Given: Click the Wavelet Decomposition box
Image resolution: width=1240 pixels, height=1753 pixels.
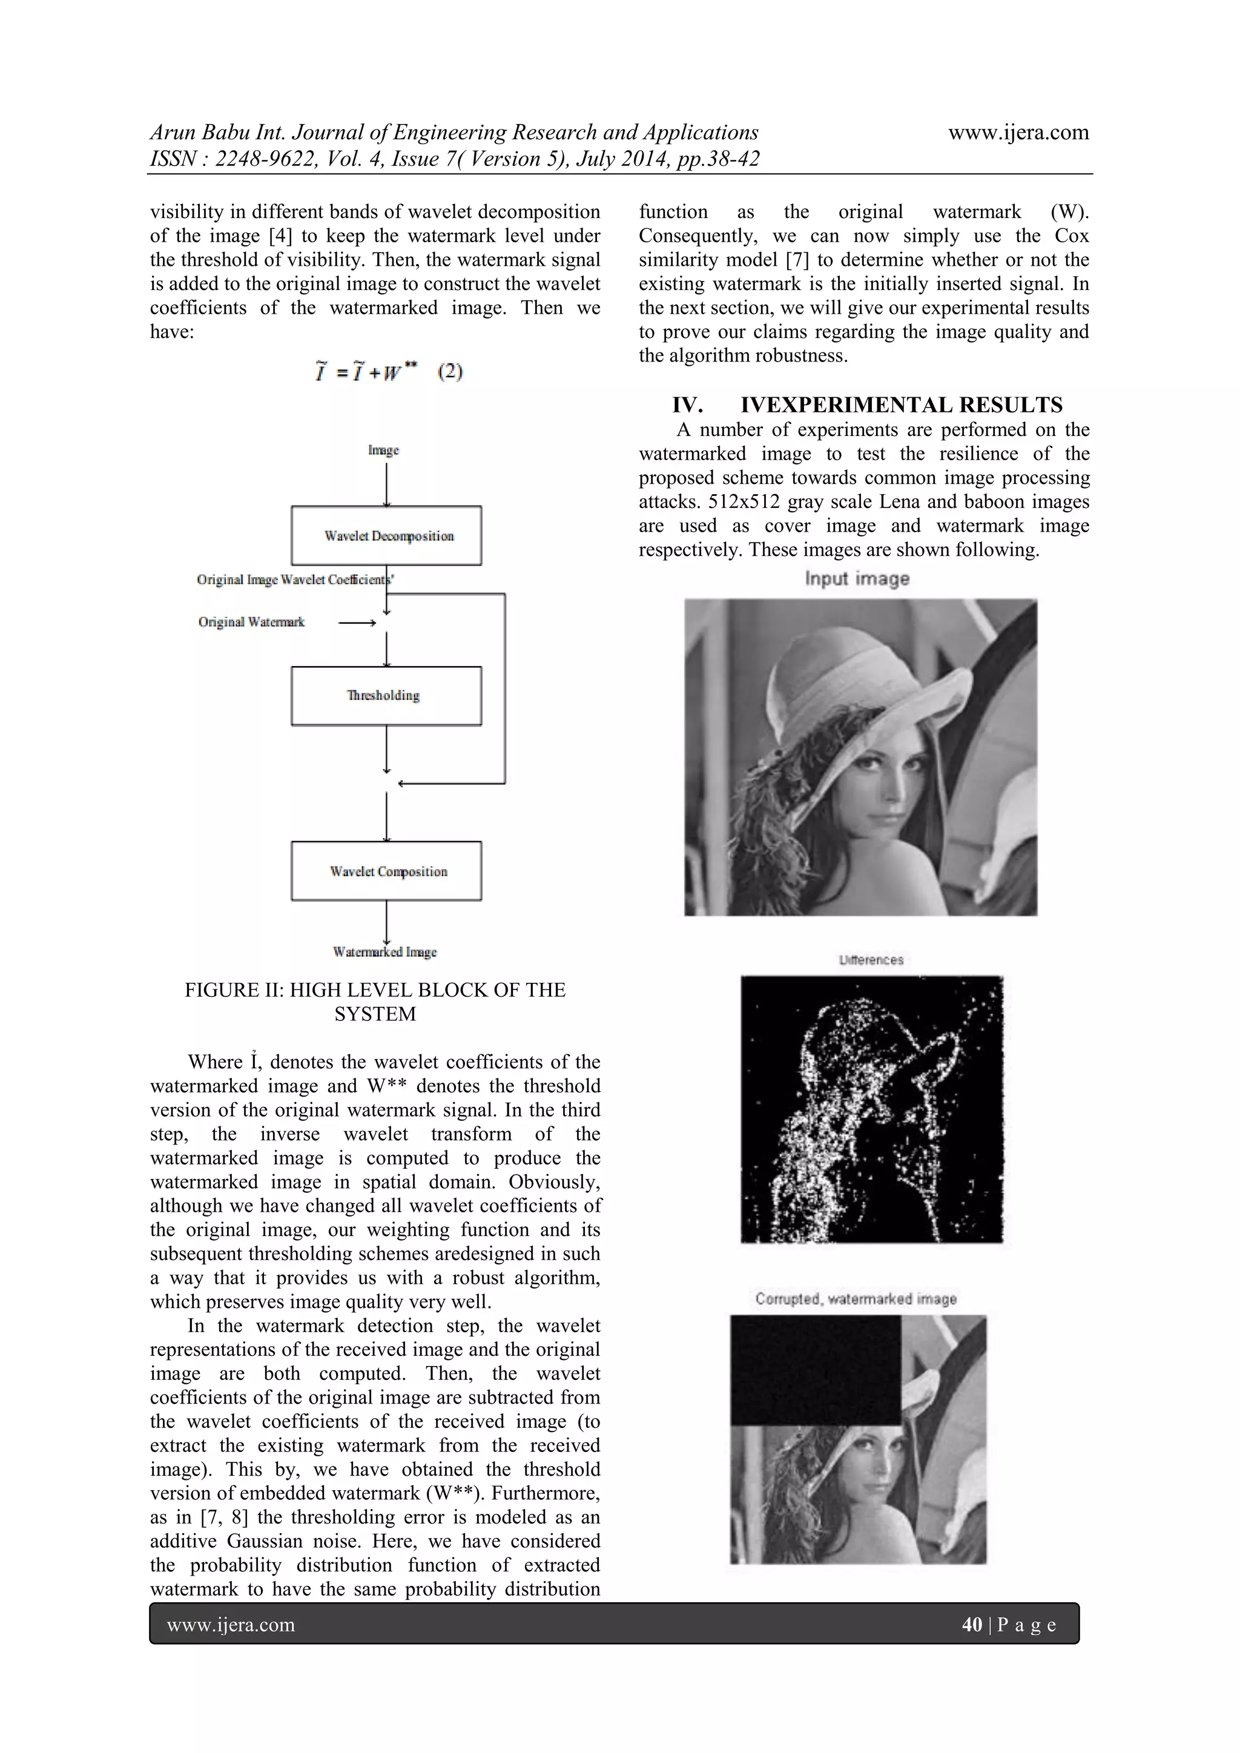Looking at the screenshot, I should [x=386, y=536].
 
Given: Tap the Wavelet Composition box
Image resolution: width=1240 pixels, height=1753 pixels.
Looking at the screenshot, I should [x=386, y=871].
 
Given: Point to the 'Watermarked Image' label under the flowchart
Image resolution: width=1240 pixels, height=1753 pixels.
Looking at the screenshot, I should [x=385, y=952].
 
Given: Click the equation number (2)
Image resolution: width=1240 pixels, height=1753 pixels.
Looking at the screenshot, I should [x=450, y=372].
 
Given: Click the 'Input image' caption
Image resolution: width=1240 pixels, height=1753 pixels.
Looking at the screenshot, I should [x=857, y=579].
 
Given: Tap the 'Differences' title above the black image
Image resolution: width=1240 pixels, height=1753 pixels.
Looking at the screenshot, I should [x=871, y=960].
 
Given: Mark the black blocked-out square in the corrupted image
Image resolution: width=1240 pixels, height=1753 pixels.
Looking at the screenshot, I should [x=816, y=1370].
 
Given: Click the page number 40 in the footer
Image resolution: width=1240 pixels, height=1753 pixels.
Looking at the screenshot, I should [x=971, y=1625].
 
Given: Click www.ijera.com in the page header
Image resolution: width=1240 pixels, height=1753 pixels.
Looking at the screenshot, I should [x=1018, y=132].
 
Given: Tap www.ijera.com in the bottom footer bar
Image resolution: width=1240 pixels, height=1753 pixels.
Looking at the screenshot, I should [x=231, y=1625].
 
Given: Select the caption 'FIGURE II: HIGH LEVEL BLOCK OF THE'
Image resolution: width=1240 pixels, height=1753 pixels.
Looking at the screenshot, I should [x=375, y=990].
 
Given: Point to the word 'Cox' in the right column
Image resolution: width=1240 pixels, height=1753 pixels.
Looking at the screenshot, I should [x=1071, y=236].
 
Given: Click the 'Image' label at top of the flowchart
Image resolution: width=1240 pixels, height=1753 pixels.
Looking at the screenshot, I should [x=383, y=451].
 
